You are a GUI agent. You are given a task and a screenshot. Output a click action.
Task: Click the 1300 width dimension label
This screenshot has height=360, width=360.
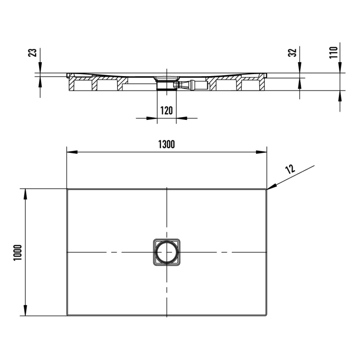pos(167,145)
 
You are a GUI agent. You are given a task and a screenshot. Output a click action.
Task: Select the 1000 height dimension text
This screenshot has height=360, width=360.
pos(17,252)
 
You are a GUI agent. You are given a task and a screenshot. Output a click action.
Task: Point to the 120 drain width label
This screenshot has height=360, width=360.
pos(166,110)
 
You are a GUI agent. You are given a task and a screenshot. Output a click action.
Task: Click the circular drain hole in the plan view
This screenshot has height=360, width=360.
pos(167,252)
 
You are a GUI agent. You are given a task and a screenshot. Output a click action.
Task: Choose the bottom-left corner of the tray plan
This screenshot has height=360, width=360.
pos(68,315)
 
